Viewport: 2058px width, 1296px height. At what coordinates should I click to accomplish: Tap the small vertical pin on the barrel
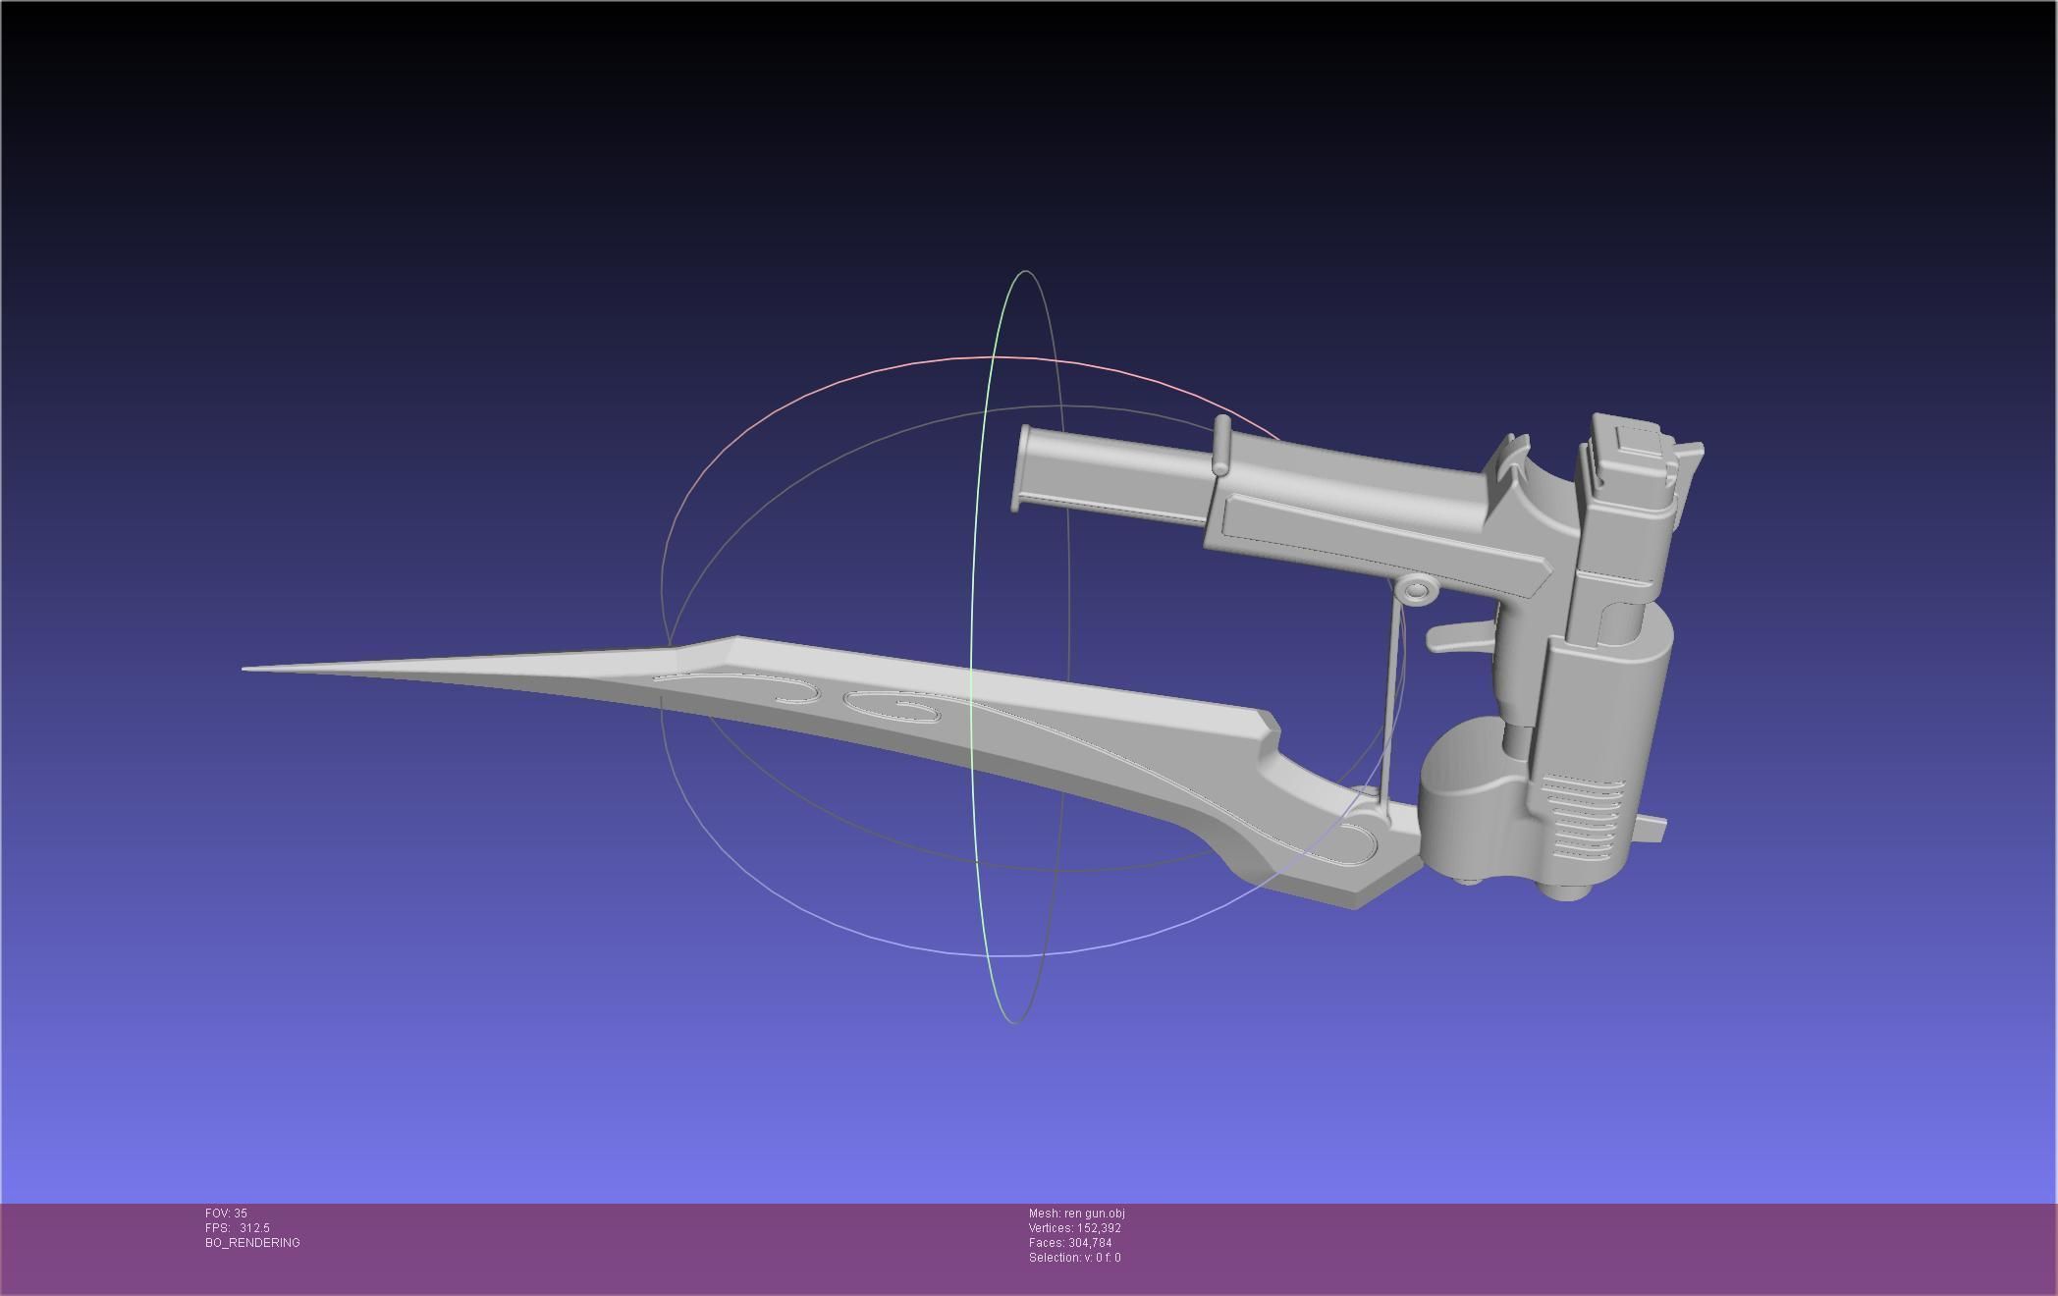(x=1221, y=445)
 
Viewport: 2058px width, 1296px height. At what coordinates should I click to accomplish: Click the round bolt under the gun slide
(x=1415, y=590)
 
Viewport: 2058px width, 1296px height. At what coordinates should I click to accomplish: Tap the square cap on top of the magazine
(x=1636, y=441)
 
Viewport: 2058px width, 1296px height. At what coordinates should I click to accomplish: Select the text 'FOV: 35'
(x=226, y=1214)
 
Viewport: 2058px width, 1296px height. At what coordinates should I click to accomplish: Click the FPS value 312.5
(x=254, y=1228)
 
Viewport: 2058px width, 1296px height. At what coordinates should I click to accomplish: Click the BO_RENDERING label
(x=252, y=1243)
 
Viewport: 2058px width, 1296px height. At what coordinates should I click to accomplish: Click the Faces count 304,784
(x=1090, y=1243)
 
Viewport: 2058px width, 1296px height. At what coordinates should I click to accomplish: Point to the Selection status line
(x=1074, y=1258)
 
